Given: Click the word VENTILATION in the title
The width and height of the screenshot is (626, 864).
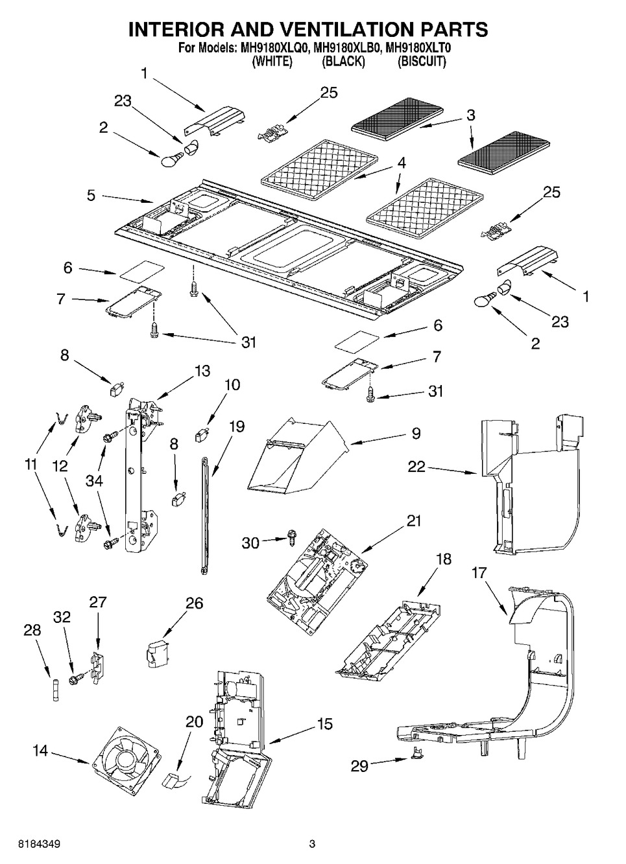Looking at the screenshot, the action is pyautogui.click(x=338, y=29).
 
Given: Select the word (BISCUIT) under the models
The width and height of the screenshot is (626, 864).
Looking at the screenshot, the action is pyautogui.click(x=422, y=61).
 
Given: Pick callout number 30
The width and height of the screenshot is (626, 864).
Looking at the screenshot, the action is pyautogui.click(x=250, y=543).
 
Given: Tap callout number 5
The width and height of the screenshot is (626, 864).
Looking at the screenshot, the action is pyautogui.click(x=91, y=195).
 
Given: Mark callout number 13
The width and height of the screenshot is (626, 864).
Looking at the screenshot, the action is pyautogui.click(x=202, y=370).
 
